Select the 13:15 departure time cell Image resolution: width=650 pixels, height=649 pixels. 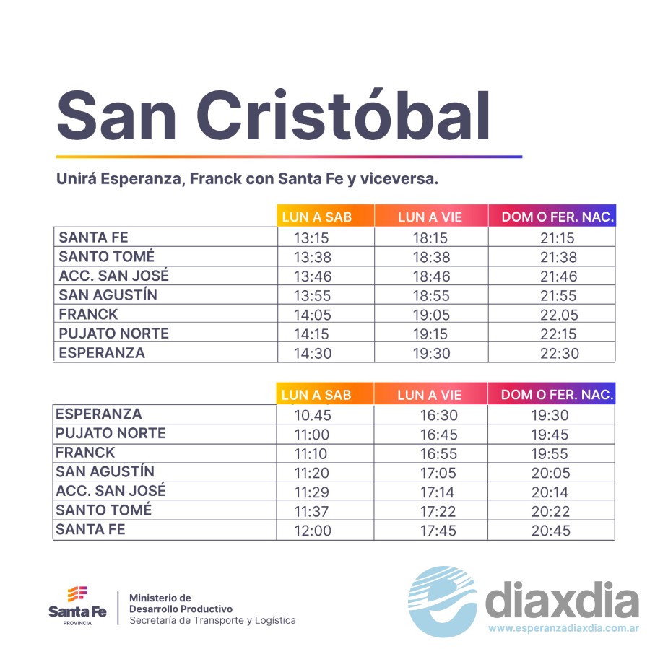(311, 238)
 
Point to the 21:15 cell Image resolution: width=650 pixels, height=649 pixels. (558, 238)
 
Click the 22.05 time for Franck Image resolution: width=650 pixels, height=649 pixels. (558, 315)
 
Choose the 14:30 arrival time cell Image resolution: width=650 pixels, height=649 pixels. (311, 354)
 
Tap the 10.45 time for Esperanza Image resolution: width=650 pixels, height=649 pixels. (311, 415)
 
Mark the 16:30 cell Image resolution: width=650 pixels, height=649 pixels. (438, 415)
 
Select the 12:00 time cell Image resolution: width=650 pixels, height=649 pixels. (311, 531)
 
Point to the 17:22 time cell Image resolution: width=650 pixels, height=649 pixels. (438, 511)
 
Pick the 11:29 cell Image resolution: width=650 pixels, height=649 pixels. (311, 492)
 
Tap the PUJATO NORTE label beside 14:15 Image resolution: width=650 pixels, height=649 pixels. (114, 334)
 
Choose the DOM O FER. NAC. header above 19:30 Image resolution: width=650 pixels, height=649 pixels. (557, 395)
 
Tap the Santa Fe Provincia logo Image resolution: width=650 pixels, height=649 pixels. (77, 605)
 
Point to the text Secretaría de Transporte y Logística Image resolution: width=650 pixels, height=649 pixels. (212, 620)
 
